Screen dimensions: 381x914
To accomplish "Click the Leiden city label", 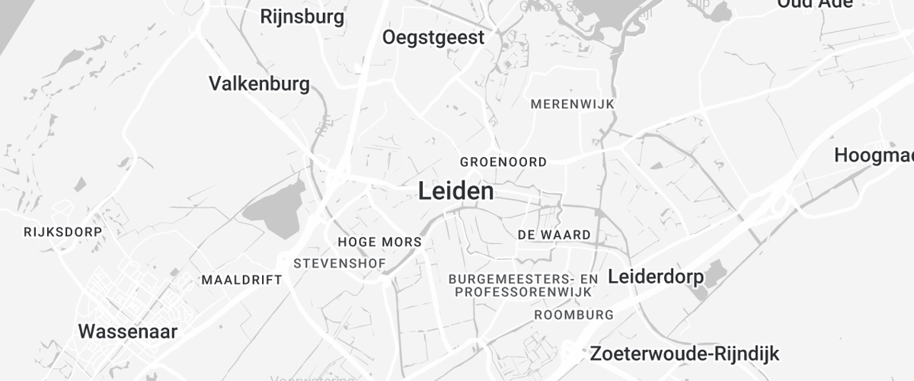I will [x=455, y=191].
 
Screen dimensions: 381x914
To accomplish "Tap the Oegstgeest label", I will [x=433, y=37].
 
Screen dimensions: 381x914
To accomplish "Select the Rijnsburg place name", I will [x=302, y=16].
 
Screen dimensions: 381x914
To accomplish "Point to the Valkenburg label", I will [x=259, y=83].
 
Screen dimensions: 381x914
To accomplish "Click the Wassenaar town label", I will [x=128, y=331].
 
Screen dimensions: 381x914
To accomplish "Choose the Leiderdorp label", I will [x=656, y=277].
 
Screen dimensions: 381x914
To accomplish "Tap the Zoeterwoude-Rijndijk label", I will [x=684, y=354].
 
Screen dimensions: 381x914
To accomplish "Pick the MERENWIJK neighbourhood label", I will [x=572, y=104].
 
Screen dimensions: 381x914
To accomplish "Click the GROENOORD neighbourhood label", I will [x=503, y=162].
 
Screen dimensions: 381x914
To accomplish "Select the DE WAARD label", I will [x=554, y=235].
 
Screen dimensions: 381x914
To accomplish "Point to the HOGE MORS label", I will [x=379, y=242].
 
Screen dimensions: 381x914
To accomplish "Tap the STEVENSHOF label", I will [x=340, y=264].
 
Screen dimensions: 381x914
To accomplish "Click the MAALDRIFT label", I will [x=241, y=280].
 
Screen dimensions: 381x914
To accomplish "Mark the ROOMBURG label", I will [x=574, y=315].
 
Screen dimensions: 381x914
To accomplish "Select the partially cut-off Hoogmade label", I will [x=874, y=155].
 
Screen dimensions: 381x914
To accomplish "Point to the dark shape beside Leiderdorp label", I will [x=714, y=273].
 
